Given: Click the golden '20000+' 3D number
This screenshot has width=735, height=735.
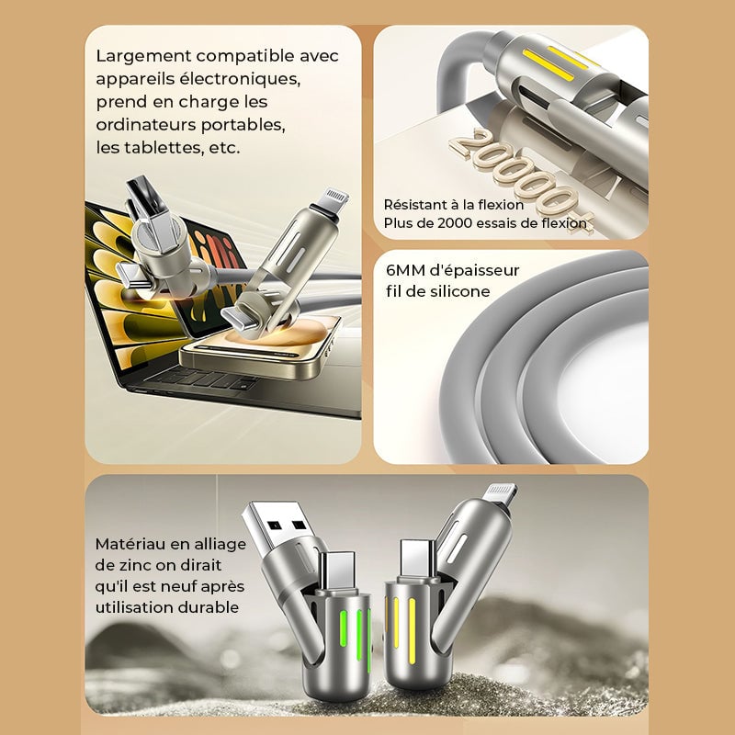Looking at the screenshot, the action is tap(519, 177).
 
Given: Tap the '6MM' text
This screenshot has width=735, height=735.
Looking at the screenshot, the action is tap(405, 270).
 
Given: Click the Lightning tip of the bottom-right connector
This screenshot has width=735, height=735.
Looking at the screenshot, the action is tap(501, 495).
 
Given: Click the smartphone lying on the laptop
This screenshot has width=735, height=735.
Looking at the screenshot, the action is tap(260, 348).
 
